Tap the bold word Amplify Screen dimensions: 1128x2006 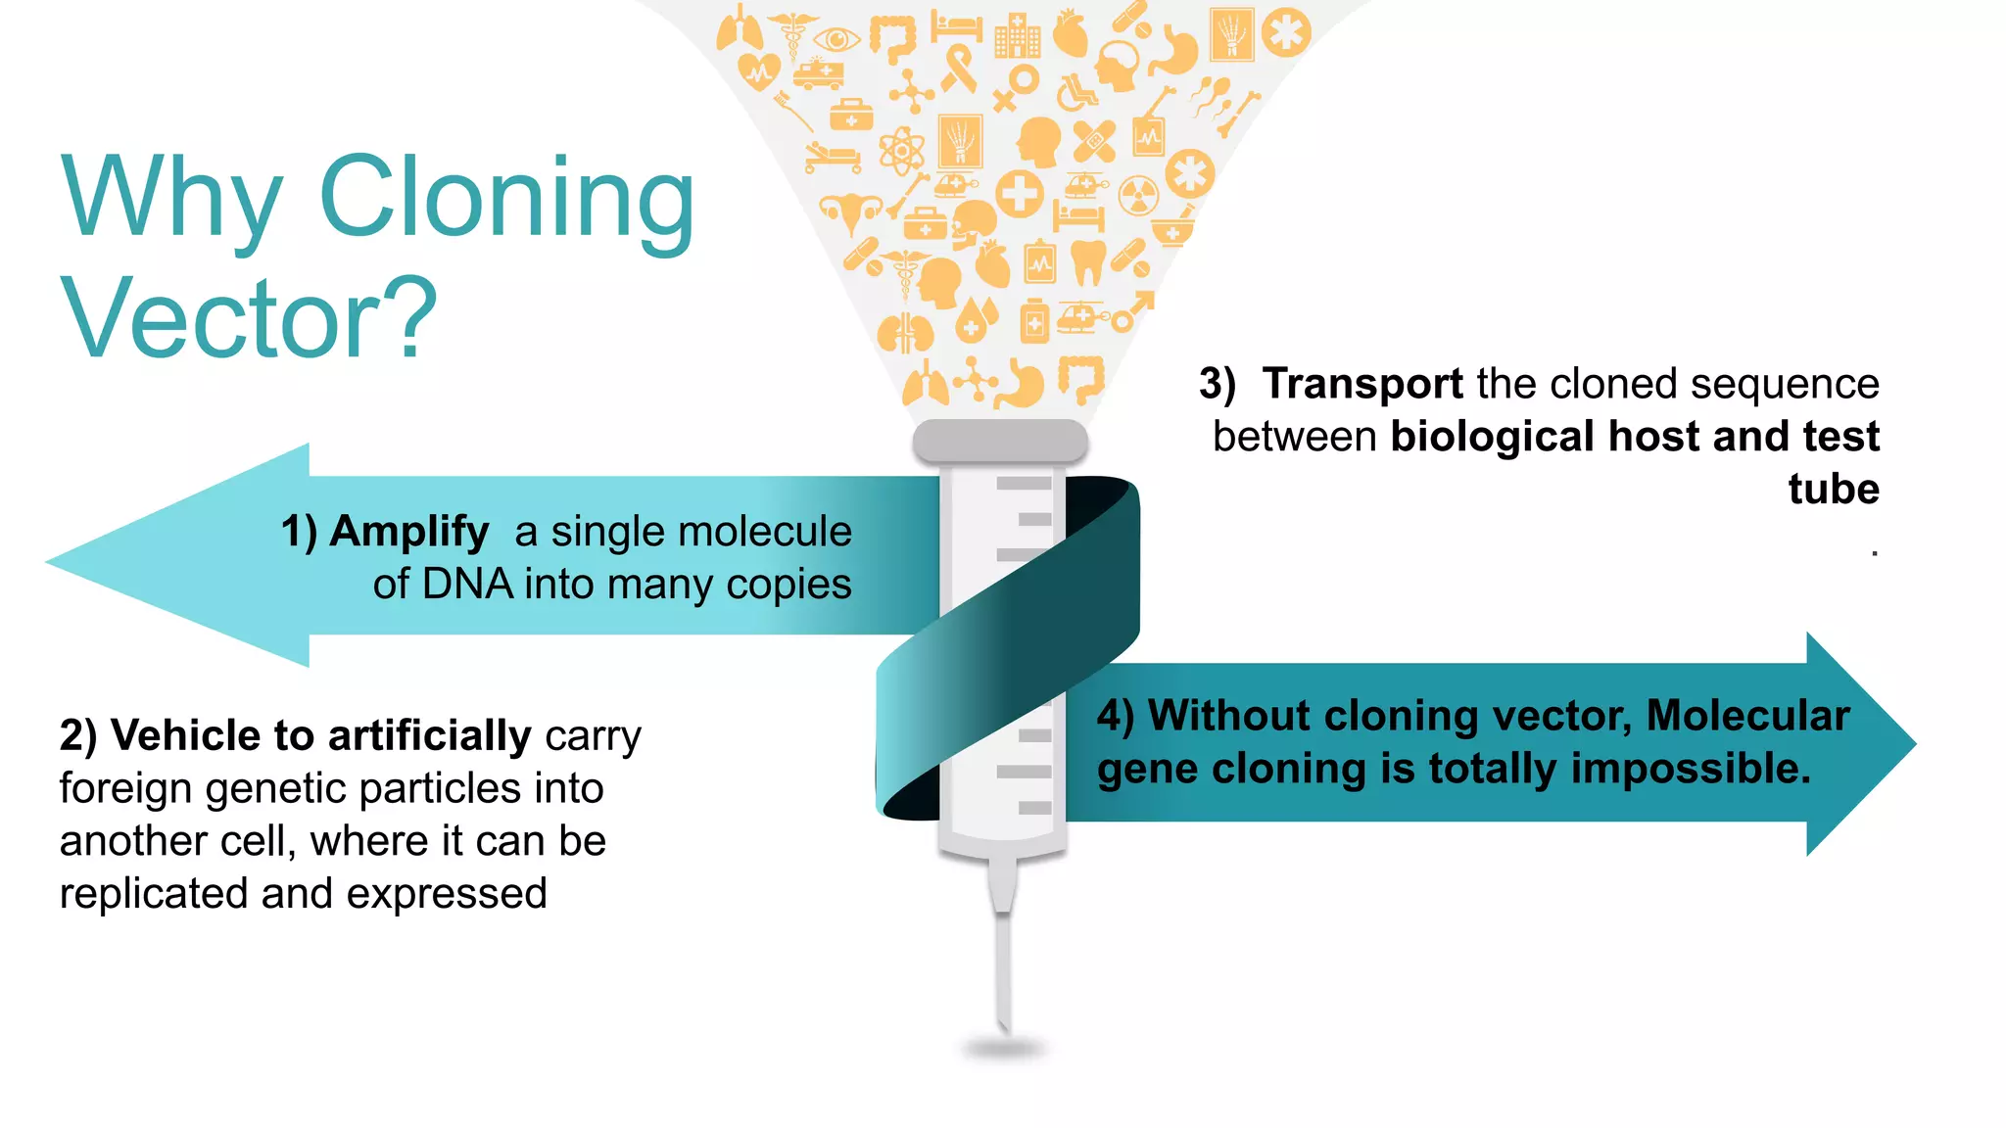tap(408, 532)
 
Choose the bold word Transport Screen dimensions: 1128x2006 tap(1362, 384)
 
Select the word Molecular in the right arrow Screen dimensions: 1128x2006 tap(1747, 716)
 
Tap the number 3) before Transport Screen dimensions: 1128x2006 tap(1218, 384)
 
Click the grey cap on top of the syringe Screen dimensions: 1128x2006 tap(1000, 442)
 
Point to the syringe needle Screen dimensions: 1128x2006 tap(1003, 969)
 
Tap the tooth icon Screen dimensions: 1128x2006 tap(1087, 260)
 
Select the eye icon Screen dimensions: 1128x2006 tap(837, 40)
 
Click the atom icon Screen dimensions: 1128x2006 tap(901, 151)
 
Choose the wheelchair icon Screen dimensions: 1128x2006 tap(1076, 93)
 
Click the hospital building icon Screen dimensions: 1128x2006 tap(1018, 37)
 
